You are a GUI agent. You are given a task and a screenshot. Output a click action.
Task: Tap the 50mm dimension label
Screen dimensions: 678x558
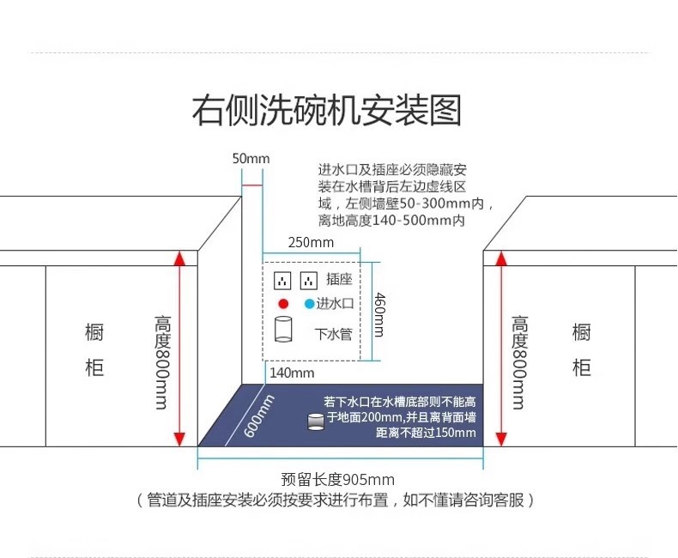click(251, 159)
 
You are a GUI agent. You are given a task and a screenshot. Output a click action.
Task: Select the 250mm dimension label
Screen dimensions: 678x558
click(311, 242)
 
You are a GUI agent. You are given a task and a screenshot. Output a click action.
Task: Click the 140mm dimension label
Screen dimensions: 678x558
click(292, 373)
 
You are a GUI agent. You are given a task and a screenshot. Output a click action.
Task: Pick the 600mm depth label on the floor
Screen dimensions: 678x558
click(258, 415)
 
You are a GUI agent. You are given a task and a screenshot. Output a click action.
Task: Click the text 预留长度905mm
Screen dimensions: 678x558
click(338, 480)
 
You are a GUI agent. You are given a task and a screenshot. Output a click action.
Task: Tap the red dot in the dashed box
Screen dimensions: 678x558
click(282, 303)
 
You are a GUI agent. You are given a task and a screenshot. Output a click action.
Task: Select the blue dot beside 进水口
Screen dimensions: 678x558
click(309, 303)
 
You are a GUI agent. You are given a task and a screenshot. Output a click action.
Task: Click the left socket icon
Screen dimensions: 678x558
click(282, 280)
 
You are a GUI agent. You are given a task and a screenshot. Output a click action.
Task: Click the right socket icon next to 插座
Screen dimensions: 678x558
click(308, 280)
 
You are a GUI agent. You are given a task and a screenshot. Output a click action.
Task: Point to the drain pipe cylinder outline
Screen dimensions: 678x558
click(282, 331)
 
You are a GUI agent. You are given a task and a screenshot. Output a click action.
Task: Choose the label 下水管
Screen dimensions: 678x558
click(334, 333)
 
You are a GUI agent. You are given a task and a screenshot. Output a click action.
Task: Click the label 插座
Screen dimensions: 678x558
click(340, 279)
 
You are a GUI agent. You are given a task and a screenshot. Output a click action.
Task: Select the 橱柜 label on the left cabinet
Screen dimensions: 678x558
click(94, 349)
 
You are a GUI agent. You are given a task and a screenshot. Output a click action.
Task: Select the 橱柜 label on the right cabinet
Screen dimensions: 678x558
click(581, 349)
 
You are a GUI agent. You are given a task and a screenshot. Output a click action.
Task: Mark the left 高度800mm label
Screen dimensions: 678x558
click(162, 361)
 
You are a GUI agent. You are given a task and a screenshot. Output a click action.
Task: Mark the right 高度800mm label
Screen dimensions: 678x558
click(519, 361)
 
